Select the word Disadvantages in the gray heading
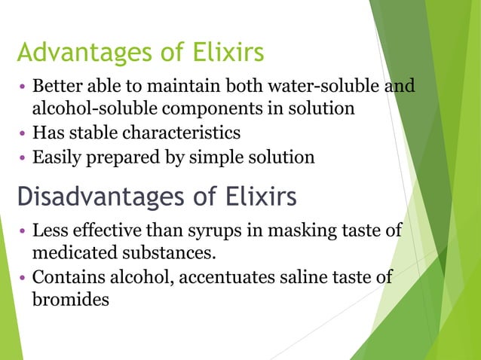tap(99, 196)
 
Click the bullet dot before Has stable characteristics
tap(23, 133)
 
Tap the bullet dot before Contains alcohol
tap(23, 276)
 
